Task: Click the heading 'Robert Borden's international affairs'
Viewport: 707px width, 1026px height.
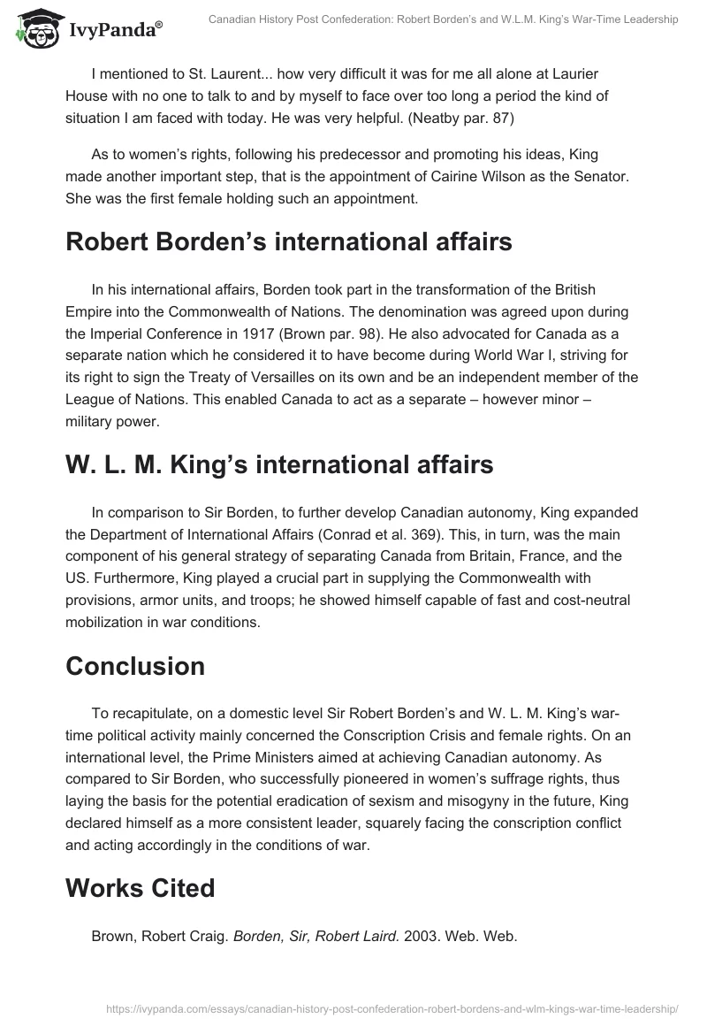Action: [288, 242]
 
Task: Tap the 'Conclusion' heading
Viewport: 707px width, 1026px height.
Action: [136, 666]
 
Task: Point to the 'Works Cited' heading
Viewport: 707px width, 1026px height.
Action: [140, 887]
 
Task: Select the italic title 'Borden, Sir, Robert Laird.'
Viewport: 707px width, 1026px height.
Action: [316, 936]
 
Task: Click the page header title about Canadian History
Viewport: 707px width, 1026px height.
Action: [443, 19]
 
